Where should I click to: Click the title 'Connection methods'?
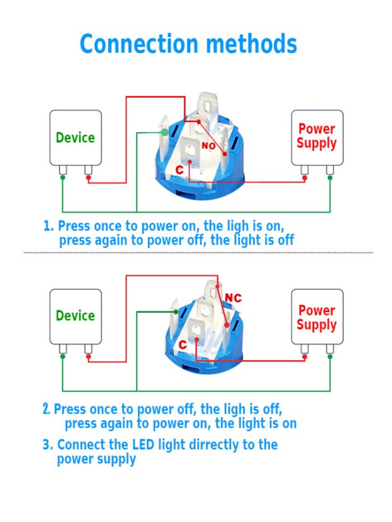pos(188,45)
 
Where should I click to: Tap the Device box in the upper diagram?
pos(75,138)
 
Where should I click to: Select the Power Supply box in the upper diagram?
pos(317,137)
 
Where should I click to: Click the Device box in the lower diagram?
pos(75,316)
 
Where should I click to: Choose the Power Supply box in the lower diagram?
pos(317,317)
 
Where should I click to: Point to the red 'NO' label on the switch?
pos(209,146)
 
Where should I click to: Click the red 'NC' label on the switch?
pos(233,298)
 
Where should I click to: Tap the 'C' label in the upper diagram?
pos(180,170)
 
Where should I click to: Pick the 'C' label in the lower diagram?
pos(182,344)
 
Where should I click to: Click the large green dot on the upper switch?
pos(164,132)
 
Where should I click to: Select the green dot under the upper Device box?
pos(63,178)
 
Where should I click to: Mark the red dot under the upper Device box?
pos(89,181)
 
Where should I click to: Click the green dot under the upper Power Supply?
pos(329,178)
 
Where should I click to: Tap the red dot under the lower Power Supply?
pos(305,358)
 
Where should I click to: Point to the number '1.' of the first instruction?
pos(49,226)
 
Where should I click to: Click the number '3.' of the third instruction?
pos(48,444)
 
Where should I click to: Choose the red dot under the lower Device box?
pos(89,358)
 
